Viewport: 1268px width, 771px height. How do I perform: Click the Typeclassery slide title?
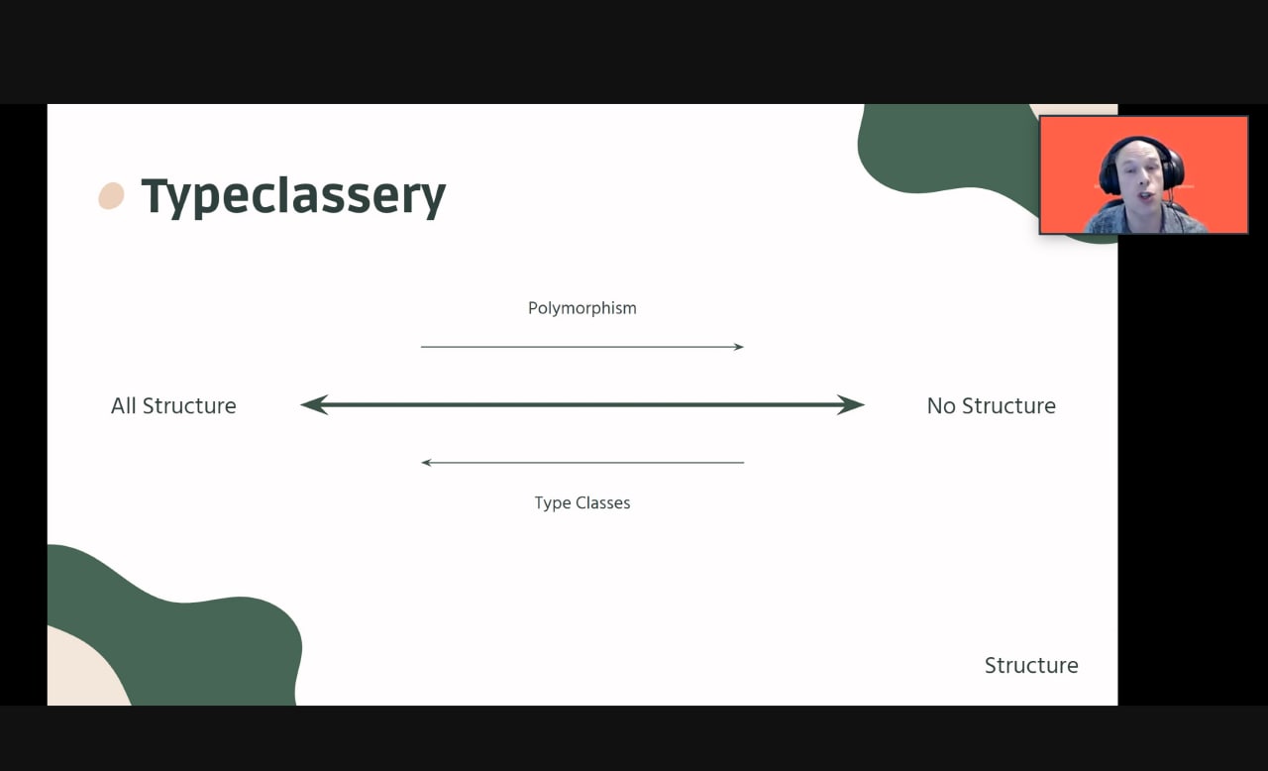click(293, 196)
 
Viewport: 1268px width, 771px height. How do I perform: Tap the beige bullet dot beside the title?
click(112, 196)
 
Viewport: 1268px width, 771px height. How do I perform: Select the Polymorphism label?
click(581, 308)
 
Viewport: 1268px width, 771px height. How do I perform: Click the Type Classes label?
click(581, 502)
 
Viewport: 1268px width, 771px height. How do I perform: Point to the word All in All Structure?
click(123, 406)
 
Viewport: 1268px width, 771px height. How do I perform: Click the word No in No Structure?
click(941, 406)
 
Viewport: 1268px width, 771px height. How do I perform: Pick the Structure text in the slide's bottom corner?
click(1031, 666)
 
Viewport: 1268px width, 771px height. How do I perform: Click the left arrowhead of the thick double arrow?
click(314, 404)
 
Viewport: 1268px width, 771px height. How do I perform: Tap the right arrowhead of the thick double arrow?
click(851, 404)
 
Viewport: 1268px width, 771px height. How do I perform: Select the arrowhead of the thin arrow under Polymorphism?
click(739, 347)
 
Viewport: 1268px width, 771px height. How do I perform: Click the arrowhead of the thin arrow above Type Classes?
click(426, 463)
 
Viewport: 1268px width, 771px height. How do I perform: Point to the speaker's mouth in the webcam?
click(1145, 196)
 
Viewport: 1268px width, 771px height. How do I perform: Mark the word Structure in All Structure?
click(189, 406)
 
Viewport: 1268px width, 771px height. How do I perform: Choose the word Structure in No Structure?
click(1008, 406)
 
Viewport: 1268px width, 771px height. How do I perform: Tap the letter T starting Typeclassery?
click(155, 195)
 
